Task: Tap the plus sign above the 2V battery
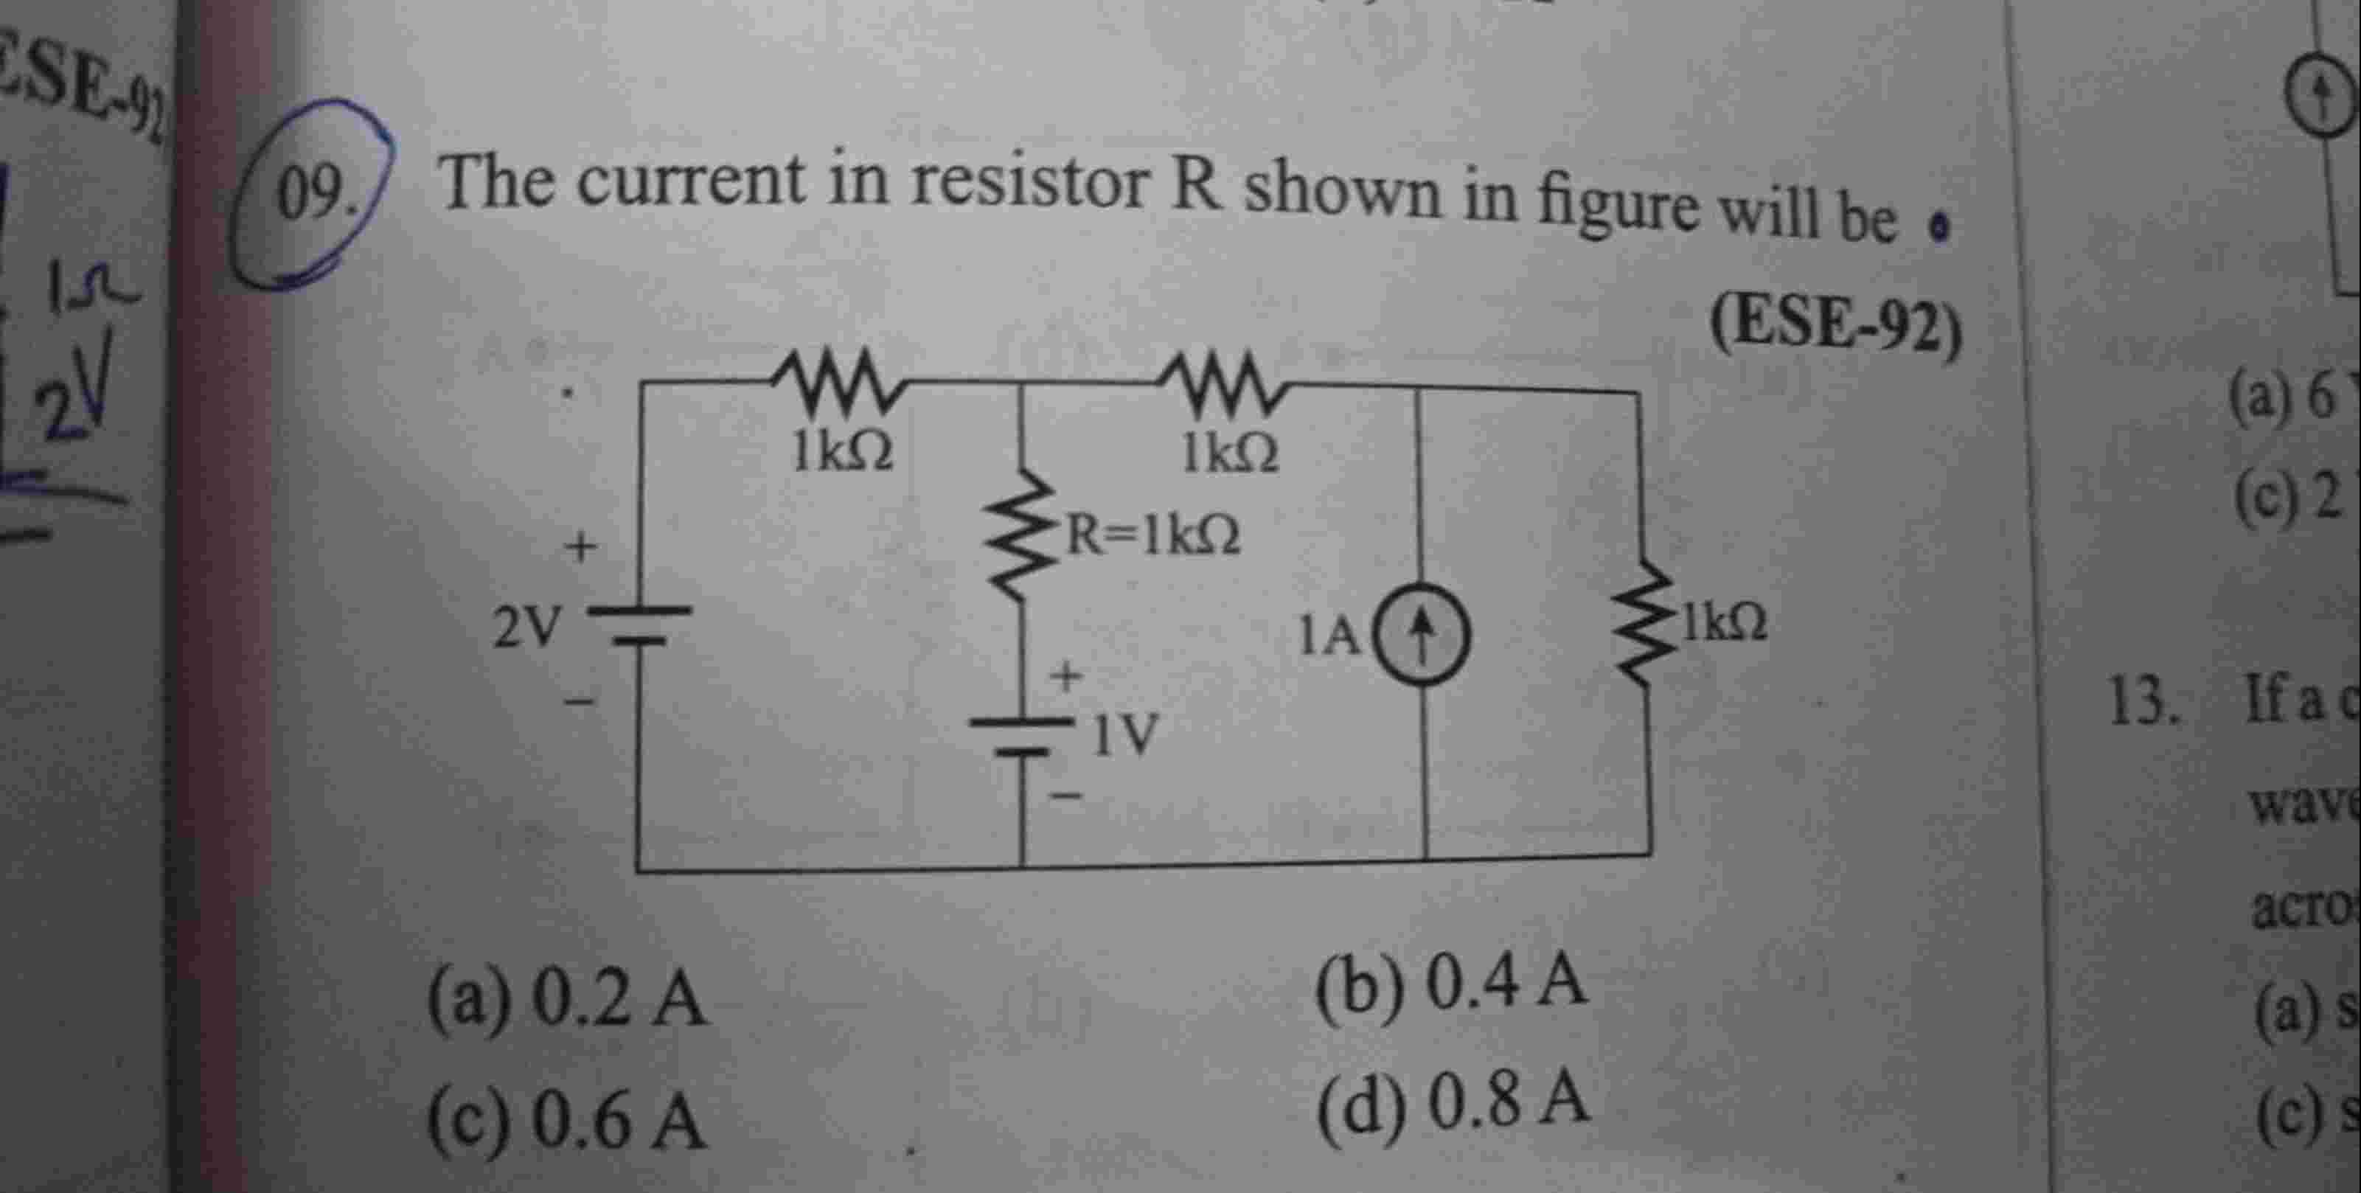580,549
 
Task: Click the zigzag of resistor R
1020,536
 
